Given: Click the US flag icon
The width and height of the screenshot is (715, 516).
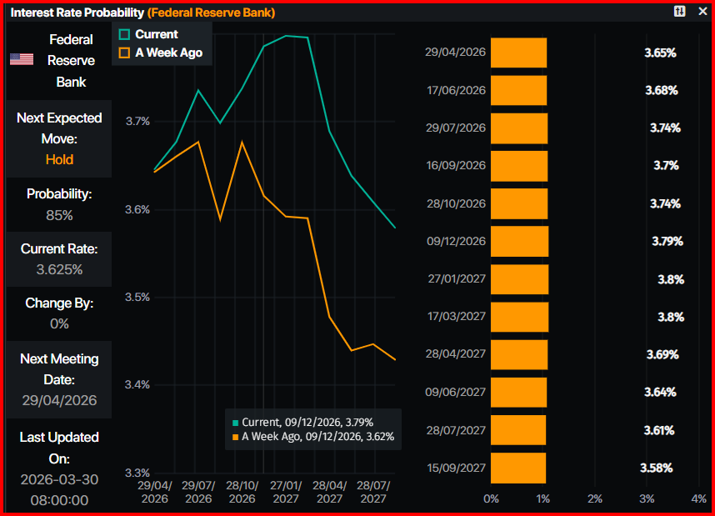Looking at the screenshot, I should coord(22,59).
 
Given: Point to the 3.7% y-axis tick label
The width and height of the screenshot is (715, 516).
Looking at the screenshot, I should coord(137,121).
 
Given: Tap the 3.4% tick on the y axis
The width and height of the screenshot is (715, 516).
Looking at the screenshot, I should coord(137,384).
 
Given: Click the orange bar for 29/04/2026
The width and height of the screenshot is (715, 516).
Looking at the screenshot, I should coord(518,53).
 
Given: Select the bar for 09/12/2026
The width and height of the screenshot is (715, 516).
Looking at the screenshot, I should coord(520,241).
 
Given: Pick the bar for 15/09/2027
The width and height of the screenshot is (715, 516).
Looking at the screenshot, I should coord(517,468).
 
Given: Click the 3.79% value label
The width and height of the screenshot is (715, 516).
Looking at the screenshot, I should coord(667,241).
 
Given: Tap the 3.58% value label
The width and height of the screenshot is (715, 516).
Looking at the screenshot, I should coord(657,468).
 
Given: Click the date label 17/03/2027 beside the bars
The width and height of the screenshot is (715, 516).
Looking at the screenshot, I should coord(455,317).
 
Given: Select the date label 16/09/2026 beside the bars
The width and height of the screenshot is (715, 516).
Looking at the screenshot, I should coord(455,166).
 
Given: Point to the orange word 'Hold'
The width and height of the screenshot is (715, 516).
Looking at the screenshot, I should coord(59,159).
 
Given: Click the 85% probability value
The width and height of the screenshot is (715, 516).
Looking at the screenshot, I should coord(59,215).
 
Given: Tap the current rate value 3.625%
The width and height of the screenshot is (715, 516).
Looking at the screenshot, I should coord(59,269).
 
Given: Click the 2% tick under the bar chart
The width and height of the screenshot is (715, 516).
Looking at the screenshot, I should coord(594,498).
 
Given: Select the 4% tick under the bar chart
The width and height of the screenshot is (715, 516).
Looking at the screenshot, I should coord(698,498).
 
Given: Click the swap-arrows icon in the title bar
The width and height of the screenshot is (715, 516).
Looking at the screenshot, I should coord(680,12).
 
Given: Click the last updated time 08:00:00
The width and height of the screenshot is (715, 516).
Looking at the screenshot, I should coord(59,499).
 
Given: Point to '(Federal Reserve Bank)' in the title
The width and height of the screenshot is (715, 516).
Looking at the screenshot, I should coord(211,13).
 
